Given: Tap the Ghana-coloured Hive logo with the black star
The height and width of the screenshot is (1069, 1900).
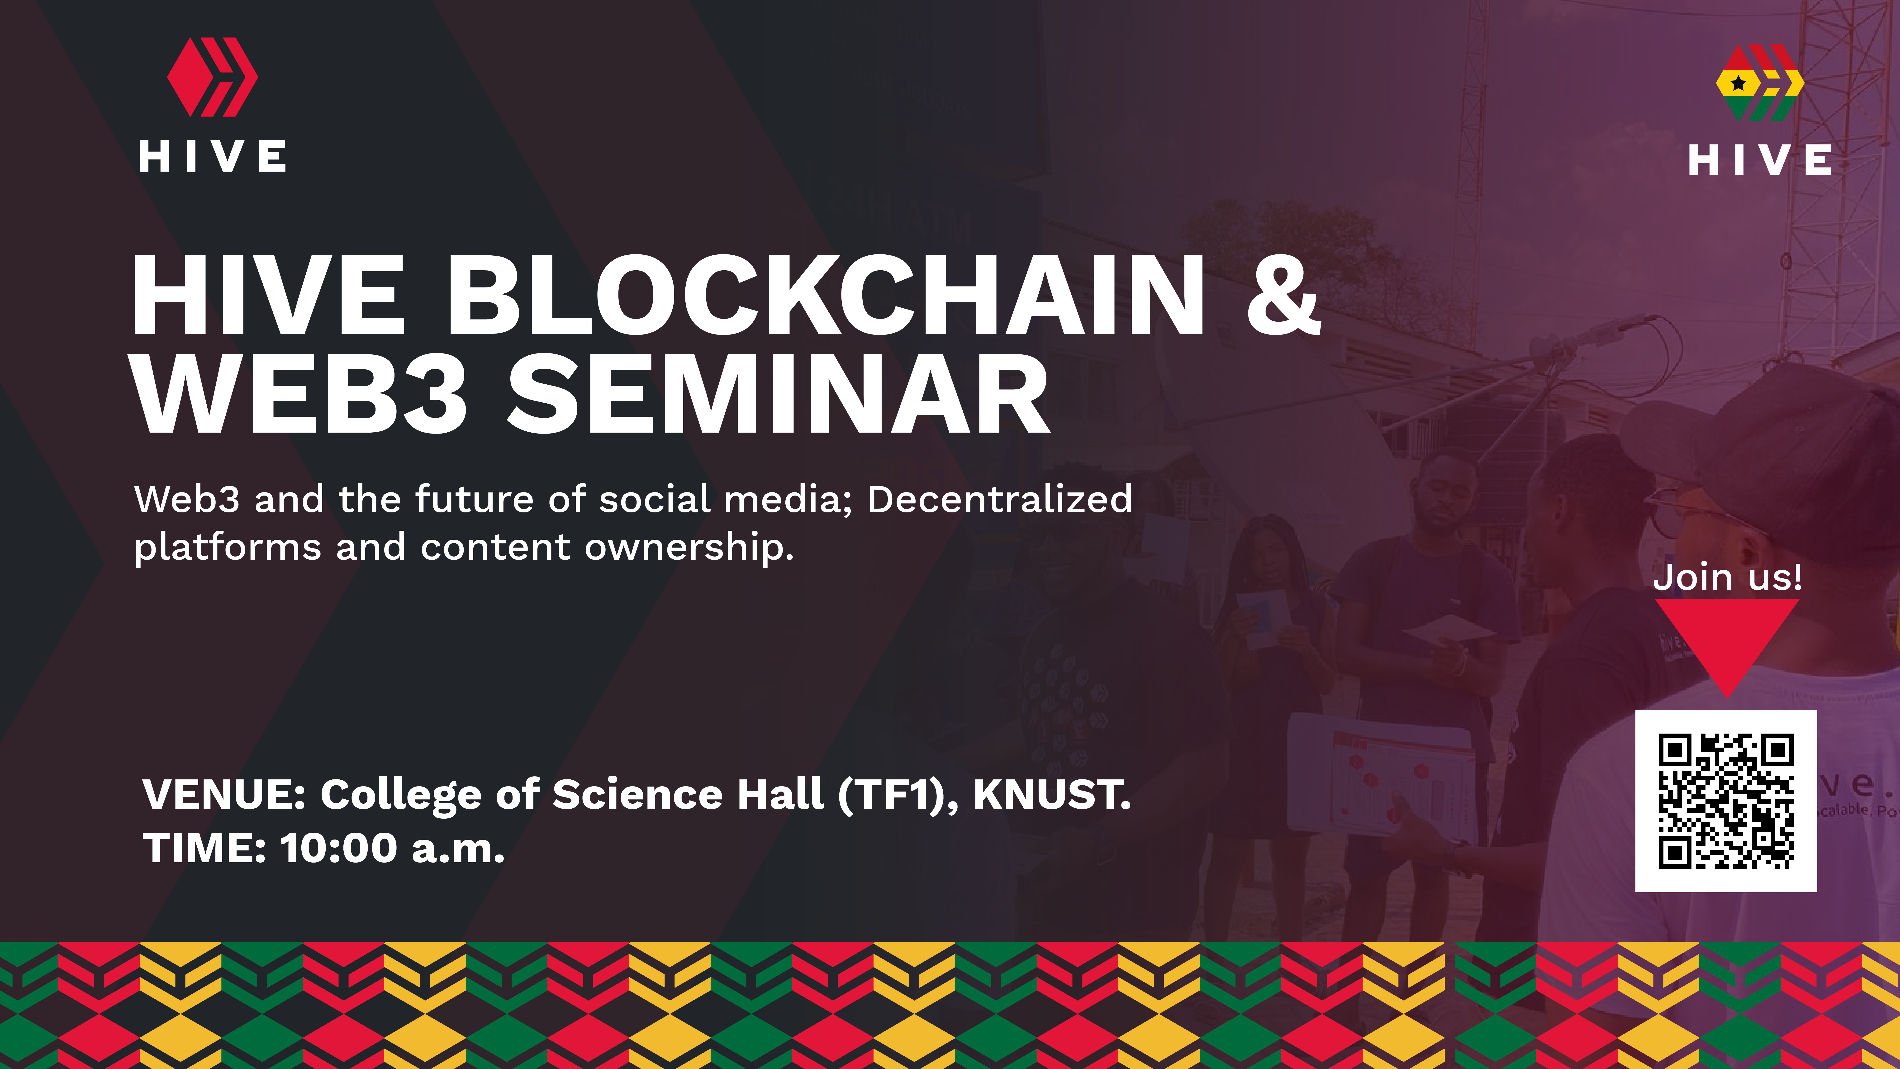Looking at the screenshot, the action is coord(1760,83).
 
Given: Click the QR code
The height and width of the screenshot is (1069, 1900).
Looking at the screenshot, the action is coord(1726,801).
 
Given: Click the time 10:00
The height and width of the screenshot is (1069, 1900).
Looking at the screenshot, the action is coord(338,848).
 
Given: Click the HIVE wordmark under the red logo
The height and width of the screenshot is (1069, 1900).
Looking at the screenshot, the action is coord(212,156).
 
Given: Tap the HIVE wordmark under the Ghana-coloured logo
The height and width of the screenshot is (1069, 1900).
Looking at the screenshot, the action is coord(1760,160).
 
